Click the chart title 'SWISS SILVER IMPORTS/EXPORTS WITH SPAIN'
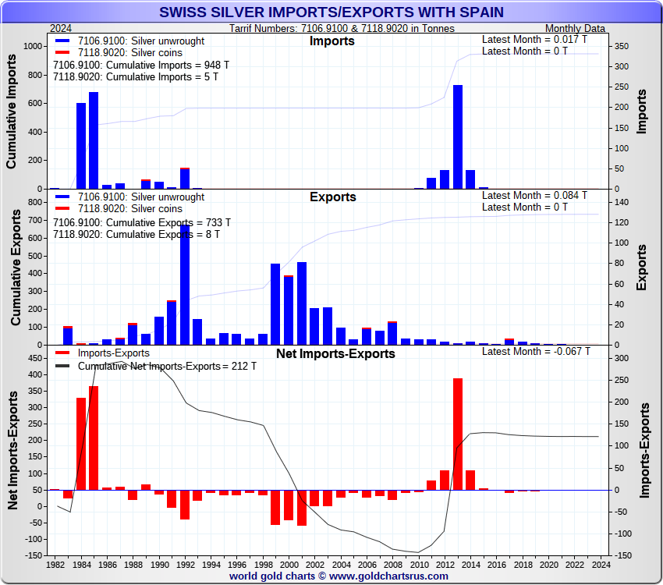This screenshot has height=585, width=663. [x=331, y=12]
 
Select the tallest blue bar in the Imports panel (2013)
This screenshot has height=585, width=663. [x=457, y=136]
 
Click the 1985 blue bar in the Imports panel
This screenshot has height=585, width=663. [x=94, y=140]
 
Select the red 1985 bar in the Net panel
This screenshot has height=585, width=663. [x=94, y=438]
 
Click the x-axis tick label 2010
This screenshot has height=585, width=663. [x=419, y=564]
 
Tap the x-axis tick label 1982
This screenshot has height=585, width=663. [x=55, y=564]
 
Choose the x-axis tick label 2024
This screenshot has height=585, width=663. [x=601, y=564]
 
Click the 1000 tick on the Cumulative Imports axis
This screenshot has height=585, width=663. [x=34, y=47]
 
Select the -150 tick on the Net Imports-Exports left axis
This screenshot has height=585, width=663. [x=35, y=555]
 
